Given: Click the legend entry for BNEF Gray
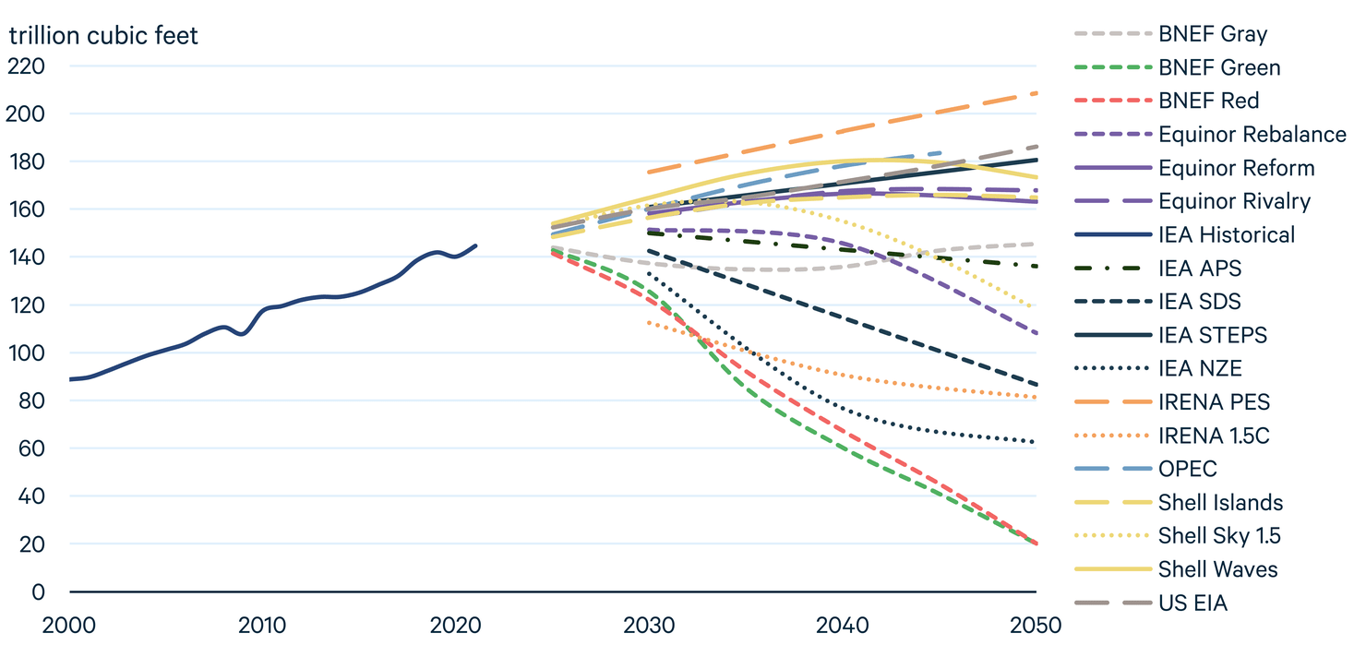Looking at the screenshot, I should tap(1213, 34).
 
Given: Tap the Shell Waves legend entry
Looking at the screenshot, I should tap(1217, 569).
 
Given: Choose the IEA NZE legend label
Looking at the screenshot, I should tap(1200, 369).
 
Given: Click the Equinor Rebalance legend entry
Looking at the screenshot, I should tap(1252, 135).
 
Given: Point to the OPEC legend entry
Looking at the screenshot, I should tap(1187, 469).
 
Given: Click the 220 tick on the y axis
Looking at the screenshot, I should tap(26, 66).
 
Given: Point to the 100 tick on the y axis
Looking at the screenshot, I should tap(26, 353).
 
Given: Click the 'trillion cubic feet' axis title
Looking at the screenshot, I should tap(103, 36).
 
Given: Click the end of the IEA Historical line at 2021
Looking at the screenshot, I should tap(476, 245).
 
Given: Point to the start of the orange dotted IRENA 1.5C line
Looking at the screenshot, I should tap(650, 322).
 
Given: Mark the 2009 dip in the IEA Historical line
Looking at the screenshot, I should tap(243, 334).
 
